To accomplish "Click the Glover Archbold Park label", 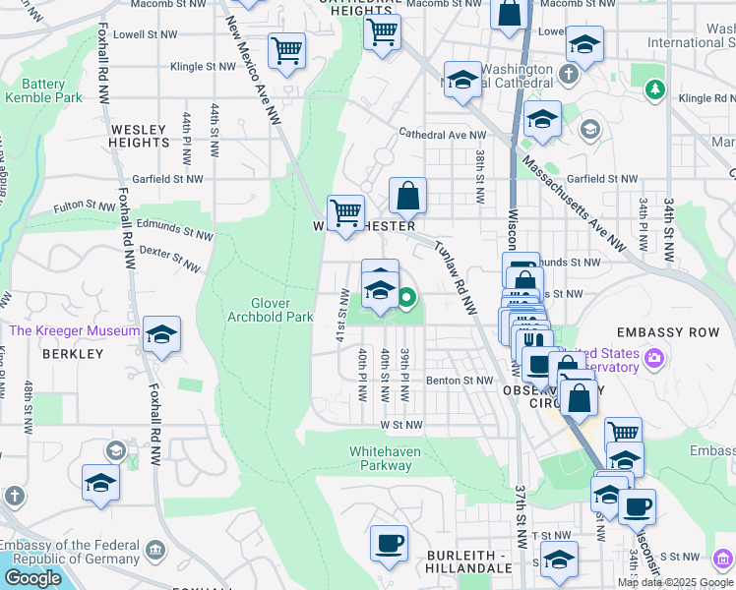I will tap(270, 310).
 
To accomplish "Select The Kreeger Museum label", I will tap(74, 331).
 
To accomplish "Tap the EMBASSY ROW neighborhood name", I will tap(680, 333).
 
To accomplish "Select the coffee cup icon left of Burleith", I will tap(389, 542).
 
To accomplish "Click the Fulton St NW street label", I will tap(85, 206).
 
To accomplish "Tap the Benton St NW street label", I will tap(459, 381).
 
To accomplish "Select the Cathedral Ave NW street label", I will tap(442, 135).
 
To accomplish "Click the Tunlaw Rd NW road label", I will tap(454, 278).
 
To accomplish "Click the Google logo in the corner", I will tap(32, 578).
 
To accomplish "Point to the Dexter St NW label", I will tap(169, 259).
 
